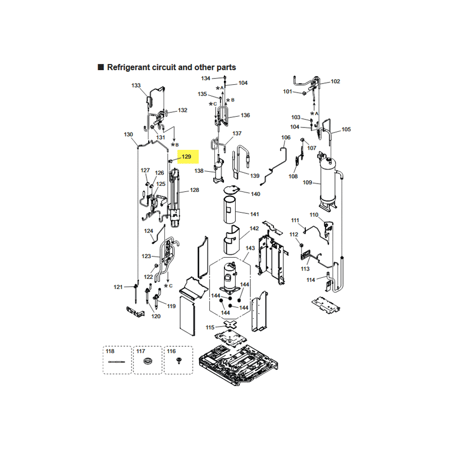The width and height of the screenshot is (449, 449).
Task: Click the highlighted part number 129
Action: point(186,157)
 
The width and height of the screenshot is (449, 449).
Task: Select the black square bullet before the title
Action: point(101,67)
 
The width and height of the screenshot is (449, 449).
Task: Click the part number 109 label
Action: point(307,182)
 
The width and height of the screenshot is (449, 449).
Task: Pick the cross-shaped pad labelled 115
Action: point(231,324)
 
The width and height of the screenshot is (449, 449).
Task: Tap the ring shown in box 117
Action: point(148,361)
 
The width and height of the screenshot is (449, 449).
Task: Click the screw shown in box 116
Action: point(179,360)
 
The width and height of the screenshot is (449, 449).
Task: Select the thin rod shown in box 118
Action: point(117,362)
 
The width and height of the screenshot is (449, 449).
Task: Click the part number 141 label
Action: point(254,214)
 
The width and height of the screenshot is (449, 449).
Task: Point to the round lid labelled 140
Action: point(232,189)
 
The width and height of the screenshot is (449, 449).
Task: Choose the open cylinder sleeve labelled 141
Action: point(230,210)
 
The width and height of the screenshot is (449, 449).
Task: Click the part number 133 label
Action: point(136,85)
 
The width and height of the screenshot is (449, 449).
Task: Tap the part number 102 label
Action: point(335,81)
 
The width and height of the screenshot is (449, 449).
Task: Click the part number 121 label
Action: point(118,287)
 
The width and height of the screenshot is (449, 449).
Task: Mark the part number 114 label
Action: point(311,280)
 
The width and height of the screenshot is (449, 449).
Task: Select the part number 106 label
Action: point(286,138)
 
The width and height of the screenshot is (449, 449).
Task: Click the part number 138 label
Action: point(199,171)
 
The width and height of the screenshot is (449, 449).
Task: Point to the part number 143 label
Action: point(250,248)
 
